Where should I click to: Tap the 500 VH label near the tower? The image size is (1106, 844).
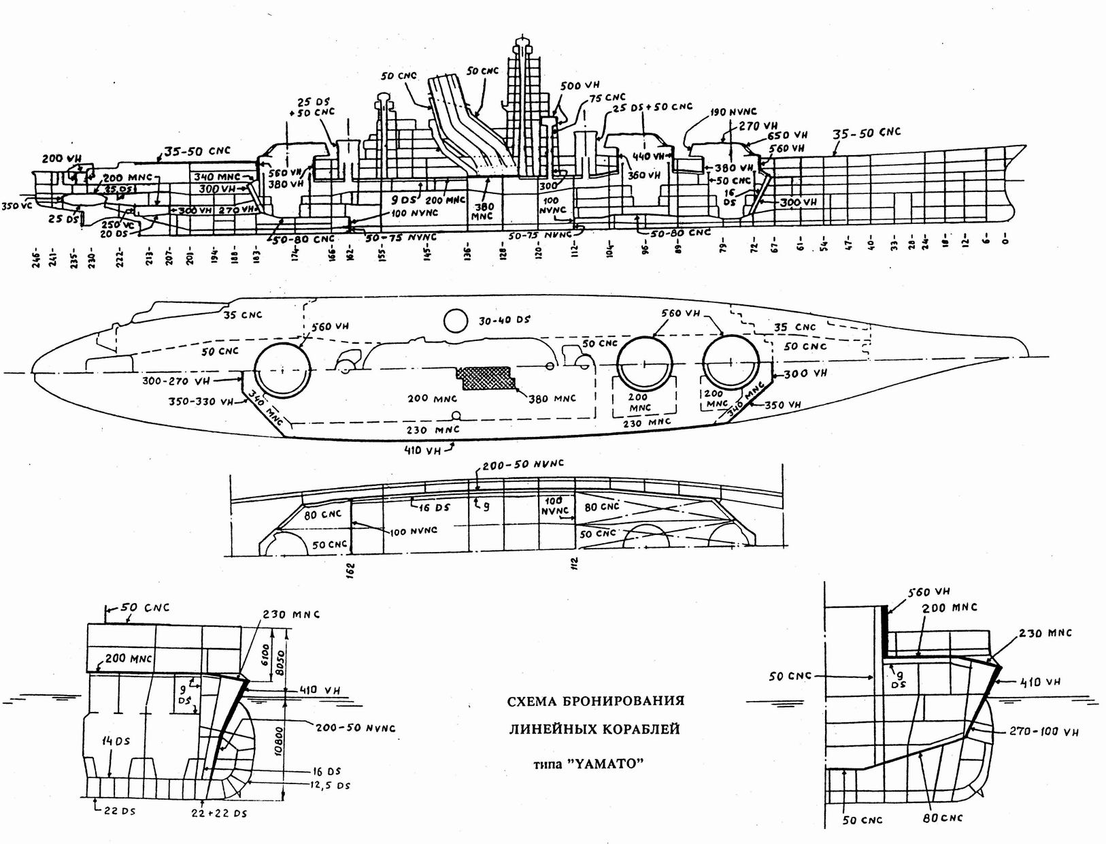coord(580,86)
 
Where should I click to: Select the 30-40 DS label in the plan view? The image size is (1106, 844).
coord(504,320)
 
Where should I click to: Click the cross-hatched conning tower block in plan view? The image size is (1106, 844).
coord(486,377)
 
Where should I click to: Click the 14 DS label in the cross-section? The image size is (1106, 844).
coord(116,741)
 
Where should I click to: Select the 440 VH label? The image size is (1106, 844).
coord(649,156)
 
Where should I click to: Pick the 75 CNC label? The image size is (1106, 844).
coord(607,98)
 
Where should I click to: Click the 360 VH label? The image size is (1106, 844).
coord(644,175)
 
